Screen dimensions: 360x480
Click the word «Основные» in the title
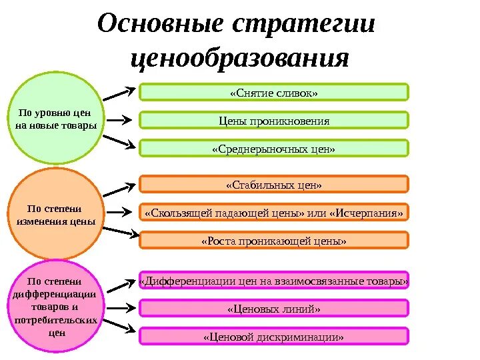coord(164,25)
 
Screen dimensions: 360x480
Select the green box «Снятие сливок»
coord(273,93)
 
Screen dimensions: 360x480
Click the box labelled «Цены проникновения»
coord(273,121)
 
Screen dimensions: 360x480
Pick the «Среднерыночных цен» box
coord(273,149)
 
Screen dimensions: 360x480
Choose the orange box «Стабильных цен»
coord(273,184)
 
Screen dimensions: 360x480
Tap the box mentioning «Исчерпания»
coord(273,213)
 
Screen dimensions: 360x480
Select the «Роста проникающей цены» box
coord(273,241)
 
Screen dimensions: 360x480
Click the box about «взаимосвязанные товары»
coord(273,281)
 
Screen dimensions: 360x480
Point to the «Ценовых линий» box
coord(273,309)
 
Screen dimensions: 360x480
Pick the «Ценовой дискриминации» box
coord(273,337)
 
